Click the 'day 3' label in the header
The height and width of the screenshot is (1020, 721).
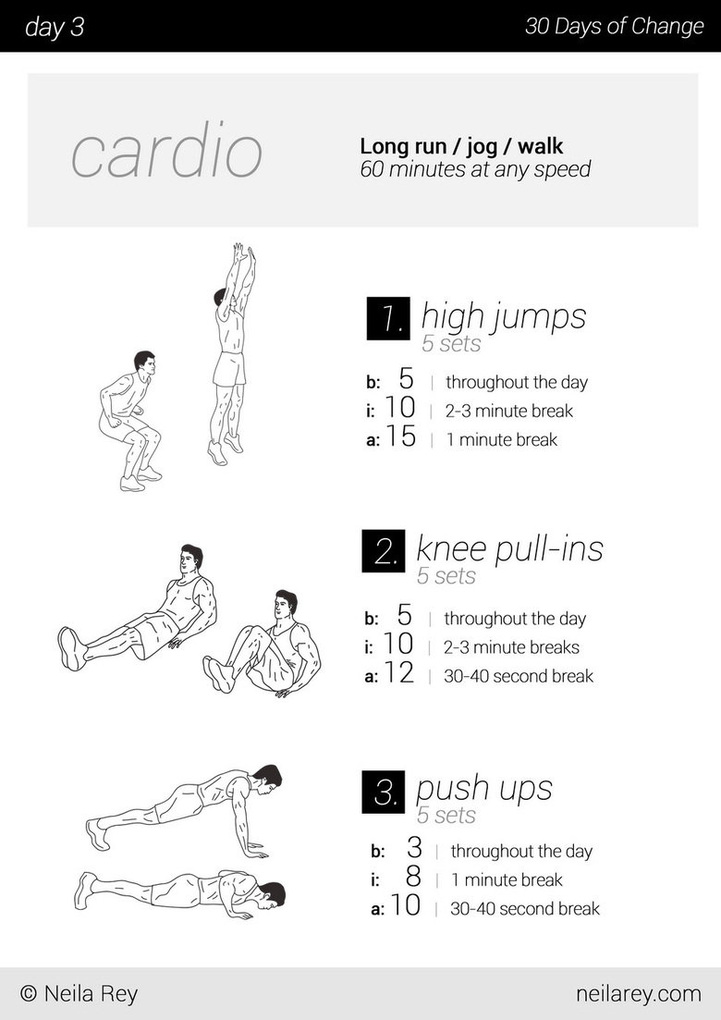click(55, 27)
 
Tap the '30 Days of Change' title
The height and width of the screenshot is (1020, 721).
click(614, 26)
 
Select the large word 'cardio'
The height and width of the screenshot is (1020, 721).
click(166, 153)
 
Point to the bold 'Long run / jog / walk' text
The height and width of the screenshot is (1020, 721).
click(461, 146)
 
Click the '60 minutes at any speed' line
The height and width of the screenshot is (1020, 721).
click(475, 169)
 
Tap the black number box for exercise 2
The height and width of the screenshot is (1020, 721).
click(384, 552)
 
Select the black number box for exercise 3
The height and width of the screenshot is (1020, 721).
click(384, 793)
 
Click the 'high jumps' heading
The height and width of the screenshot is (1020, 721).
click(503, 316)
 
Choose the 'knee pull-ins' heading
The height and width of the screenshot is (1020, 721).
click(509, 548)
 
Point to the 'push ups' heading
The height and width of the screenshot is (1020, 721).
click(483, 789)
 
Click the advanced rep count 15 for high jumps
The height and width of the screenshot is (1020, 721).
click(400, 437)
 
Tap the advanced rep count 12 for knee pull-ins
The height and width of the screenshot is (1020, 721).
click(398, 674)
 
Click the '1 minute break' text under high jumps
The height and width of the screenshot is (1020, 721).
click(501, 440)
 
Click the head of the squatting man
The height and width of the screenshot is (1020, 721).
click(143, 362)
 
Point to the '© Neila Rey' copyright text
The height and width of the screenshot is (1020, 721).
click(79, 994)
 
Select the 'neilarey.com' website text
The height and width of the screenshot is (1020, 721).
click(638, 994)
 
